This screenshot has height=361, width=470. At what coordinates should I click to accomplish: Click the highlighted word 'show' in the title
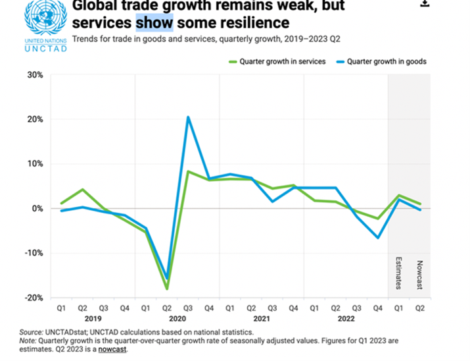(154, 23)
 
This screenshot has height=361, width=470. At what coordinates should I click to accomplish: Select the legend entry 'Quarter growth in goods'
(386, 61)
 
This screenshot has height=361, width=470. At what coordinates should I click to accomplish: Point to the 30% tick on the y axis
(34, 75)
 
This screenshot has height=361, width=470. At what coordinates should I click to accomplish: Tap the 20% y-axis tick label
(34, 119)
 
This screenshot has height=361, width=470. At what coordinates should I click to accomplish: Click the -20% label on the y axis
(32, 298)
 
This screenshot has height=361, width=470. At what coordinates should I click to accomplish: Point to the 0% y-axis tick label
(36, 209)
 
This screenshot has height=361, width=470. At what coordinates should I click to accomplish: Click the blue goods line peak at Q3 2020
(189, 117)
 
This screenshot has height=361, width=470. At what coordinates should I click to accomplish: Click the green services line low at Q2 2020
(167, 289)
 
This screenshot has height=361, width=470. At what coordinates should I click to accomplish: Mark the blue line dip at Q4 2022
(378, 237)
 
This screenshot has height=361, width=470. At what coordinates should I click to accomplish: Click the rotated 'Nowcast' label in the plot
(419, 275)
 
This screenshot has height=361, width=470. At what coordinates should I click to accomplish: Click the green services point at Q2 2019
(82, 190)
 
